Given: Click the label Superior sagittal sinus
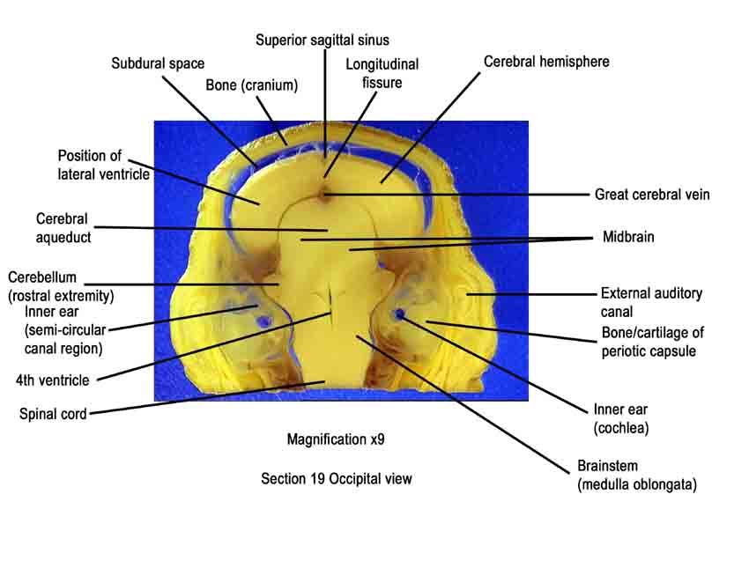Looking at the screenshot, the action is (323, 41).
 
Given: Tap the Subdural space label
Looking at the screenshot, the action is (158, 63).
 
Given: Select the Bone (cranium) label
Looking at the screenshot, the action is (252, 85).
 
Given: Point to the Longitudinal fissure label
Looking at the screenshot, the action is (382, 73).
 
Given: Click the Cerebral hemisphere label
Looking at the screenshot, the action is (546, 62).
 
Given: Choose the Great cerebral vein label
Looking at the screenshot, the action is (652, 195).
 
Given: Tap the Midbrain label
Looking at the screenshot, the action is (628, 237).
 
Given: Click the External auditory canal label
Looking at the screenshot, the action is (651, 302).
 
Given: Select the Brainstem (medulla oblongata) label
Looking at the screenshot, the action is (637, 475).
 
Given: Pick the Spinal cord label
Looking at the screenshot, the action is (53, 414).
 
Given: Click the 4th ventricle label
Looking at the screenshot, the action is (53, 380).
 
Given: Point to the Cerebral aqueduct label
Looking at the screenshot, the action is (63, 228).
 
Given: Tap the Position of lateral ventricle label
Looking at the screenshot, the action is (104, 165).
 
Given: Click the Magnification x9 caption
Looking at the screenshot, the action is (336, 439).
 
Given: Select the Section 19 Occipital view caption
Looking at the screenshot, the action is (337, 478).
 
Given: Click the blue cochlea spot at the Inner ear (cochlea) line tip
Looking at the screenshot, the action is (399, 314).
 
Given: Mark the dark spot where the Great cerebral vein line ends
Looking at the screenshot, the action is (325, 195).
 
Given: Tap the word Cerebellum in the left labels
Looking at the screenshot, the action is (42, 277).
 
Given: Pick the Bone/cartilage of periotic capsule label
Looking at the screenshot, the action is (652, 342).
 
